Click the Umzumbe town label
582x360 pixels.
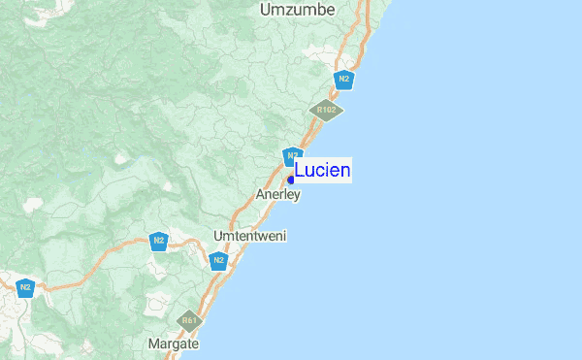297,10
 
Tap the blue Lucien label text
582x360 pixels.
322,171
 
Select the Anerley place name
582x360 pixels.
278,195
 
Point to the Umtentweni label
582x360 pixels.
249,236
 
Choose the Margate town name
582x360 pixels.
174,344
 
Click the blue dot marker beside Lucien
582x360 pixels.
291,180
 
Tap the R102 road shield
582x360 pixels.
326,110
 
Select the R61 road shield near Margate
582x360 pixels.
189,320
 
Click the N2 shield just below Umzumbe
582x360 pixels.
342,79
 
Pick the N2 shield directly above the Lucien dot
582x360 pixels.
292,155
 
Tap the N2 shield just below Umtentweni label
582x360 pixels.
218,260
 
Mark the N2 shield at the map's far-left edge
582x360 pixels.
25,287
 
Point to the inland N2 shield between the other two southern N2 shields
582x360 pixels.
159,241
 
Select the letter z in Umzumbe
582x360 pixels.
288,10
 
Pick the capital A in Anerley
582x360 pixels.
261,195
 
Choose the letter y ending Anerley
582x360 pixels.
298,196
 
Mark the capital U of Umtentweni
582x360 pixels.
218,236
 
